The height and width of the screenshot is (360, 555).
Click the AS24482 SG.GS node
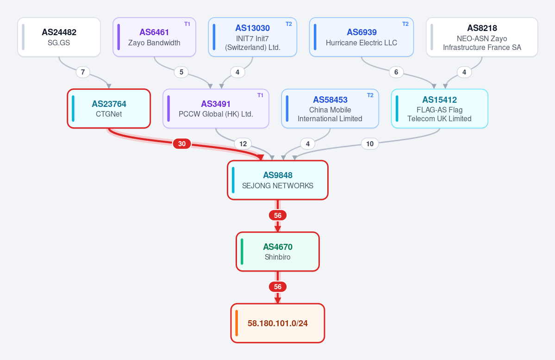[x=59, y=37]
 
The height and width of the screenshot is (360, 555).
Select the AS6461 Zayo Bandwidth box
[x=154, y=37]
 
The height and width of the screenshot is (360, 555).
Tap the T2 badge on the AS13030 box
[x=289, y=24]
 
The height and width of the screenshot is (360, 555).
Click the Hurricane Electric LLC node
[x=362, y=37]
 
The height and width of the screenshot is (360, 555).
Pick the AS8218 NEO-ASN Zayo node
[x=482, y=37]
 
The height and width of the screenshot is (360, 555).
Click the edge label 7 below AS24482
[x=83, y=72]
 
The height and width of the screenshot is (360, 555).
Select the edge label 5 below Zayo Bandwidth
[x=181, y=72]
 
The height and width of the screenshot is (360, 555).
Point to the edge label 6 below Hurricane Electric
[x=396, y=72]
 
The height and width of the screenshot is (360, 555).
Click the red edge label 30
[x=182, y=144]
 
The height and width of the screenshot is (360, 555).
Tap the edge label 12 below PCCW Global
[x=243, y=144]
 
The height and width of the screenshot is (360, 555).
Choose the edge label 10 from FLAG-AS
[x=370, y=144]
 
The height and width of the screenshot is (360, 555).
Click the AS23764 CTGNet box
[x=109, y=109]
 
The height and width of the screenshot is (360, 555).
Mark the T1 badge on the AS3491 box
[x=260, y=95]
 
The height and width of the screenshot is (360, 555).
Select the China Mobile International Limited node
[x=330, y=109]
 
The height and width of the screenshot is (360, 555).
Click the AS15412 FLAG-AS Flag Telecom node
[x=440, y=109]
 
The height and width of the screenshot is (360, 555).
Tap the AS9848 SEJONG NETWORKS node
[x=278, y=180]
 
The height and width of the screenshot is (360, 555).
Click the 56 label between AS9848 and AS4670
[x=278, y=215]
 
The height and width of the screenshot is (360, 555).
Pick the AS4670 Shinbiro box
[x=278, y=252]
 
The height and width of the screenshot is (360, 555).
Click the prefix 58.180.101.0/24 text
[x=278, y=323]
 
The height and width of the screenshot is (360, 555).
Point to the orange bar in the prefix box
[x=237, y=323]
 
